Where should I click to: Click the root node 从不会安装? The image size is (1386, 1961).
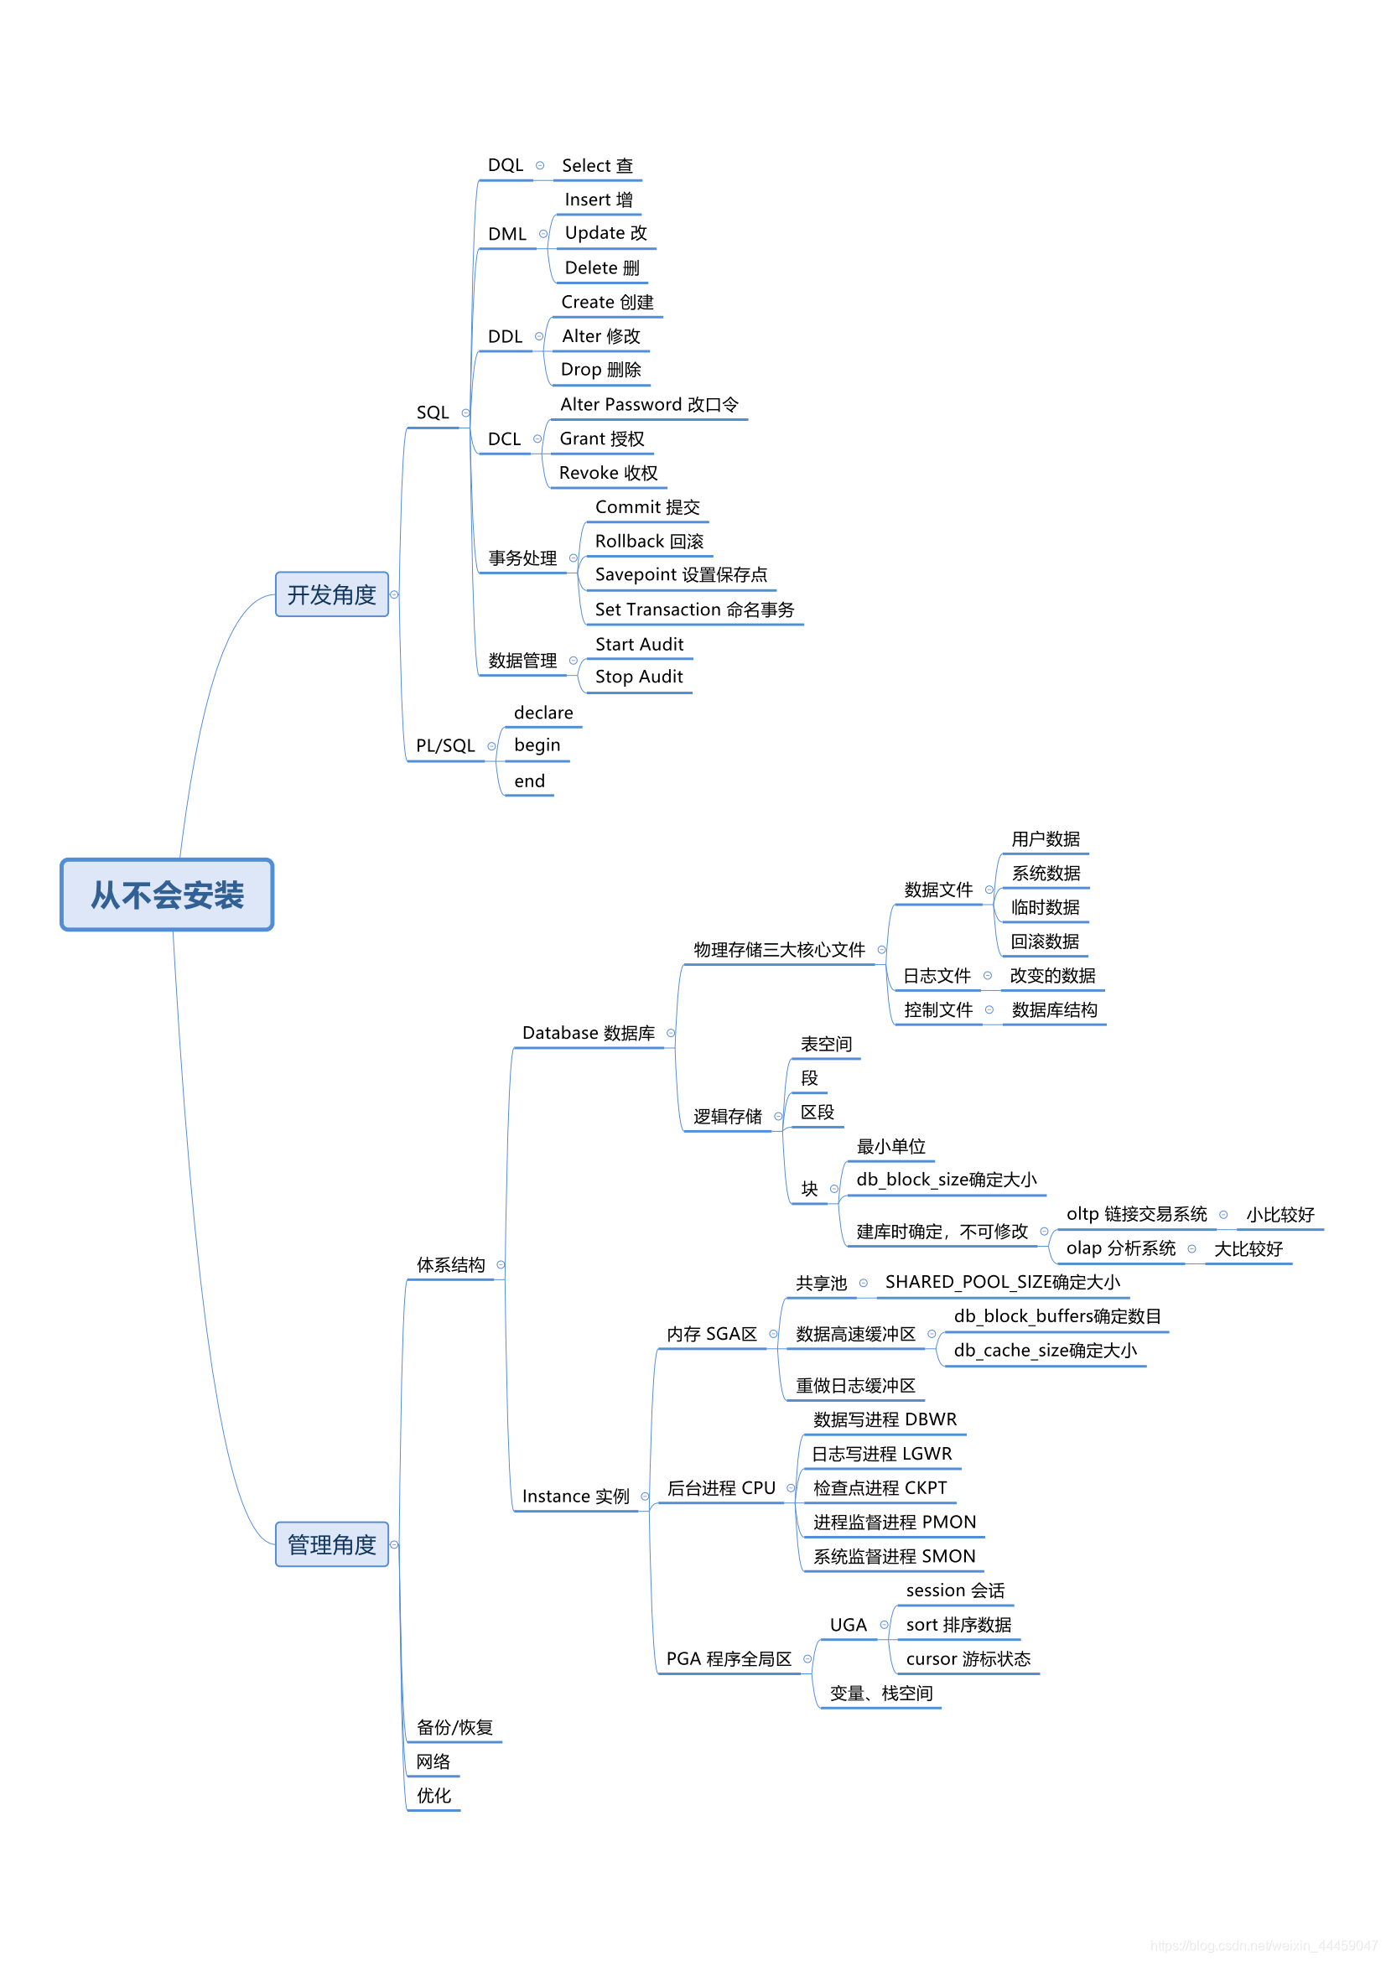click(167, 895)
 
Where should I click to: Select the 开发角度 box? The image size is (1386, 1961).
click(331, 594)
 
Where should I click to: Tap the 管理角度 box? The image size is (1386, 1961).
click(331, 1544)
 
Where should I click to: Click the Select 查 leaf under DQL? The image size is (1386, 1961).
click(597, 166)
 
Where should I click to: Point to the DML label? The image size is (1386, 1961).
click(506, 234)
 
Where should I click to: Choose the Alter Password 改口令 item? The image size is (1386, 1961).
click(649, 405)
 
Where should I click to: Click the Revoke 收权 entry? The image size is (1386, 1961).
click(608, 473)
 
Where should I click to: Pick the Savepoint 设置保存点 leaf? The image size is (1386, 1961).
click(681, 575)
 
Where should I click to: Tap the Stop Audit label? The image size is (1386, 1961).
click(639, 677)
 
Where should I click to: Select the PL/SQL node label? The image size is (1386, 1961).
click(445, 745)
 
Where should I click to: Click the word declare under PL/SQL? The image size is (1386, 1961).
click(543, 713)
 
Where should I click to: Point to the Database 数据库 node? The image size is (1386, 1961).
click(589, 1033)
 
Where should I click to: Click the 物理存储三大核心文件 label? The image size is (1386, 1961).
click(779, 950)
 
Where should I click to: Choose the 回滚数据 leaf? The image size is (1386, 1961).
click(1045, 942)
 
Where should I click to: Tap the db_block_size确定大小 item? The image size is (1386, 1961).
click(946, 1180)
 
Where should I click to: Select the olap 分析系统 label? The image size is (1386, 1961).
click(1120, 1248)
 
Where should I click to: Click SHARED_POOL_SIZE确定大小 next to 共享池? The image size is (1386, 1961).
click(1003, 1282)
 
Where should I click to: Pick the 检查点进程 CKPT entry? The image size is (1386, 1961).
click(880, 1488)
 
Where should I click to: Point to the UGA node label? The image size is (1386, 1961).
click(848, 1625)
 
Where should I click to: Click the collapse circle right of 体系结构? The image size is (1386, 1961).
click(501, 1265)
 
